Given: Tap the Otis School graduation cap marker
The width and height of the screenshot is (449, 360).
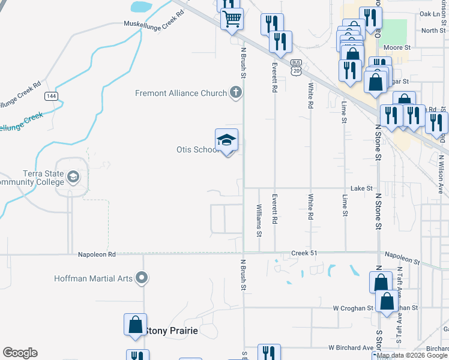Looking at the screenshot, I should click(x=227, y=140).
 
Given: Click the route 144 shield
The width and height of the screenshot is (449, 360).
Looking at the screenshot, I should click(x=50, y=96).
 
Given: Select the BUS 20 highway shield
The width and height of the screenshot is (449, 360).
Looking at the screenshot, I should click(x=295, y=68).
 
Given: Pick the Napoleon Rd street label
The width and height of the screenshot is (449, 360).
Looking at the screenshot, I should click(x=96, y=254).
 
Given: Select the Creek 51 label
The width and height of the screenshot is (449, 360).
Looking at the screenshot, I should click(x=304, y=253).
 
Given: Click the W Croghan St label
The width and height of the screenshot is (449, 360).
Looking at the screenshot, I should click(x=354, y=308).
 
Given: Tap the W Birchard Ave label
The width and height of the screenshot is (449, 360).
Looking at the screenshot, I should click(x=351, y=347).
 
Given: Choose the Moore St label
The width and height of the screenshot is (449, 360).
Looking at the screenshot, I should click(x=396, y=47).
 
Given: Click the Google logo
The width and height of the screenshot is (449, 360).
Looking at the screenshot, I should click(x=20, y=353).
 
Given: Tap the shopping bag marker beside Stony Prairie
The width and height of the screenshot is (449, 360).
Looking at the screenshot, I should click(x=135, y=325).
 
